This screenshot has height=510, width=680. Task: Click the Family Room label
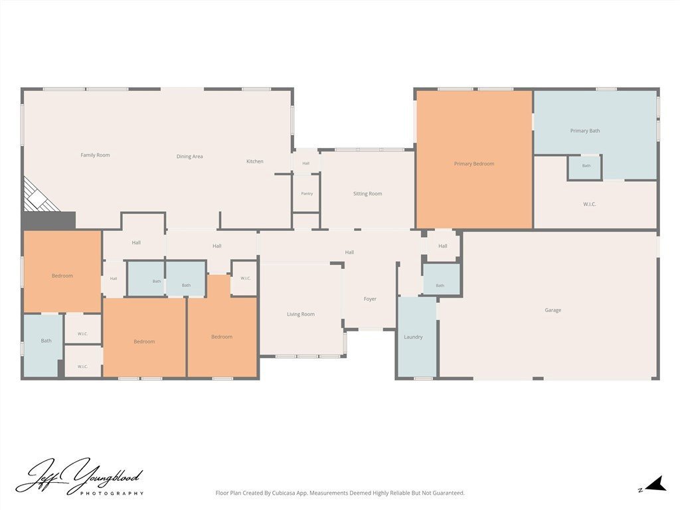[95, 155]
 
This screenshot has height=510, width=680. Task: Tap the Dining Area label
[189, 157]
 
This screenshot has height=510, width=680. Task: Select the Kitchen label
[254, 161]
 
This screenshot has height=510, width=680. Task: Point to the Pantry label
[307, 193]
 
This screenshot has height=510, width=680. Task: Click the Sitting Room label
[367, 194]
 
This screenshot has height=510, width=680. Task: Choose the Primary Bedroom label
[474, 164]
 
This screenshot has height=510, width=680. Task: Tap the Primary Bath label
[585, 131]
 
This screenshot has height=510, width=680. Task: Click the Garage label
[553, 310]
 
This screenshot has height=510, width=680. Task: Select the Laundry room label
[413, 337]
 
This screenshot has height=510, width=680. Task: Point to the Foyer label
[370, 299]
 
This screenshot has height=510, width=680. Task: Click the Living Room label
[301, 314]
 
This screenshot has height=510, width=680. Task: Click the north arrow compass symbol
[655, 484]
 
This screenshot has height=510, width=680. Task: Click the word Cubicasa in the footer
[284, 493]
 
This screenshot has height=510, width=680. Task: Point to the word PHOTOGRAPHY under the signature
[112, 493]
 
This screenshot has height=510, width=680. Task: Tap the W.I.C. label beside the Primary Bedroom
[590, 205]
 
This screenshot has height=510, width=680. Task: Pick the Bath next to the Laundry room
[442, 279]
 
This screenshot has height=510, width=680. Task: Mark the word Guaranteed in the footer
[450, 493]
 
